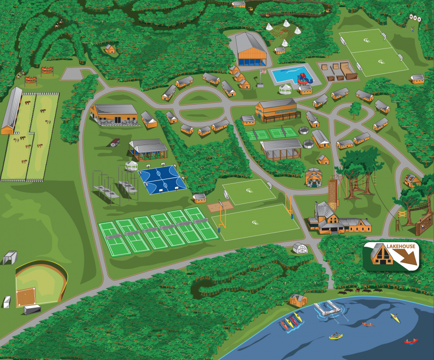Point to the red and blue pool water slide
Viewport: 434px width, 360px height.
pyautogui.click(x=302, y=76)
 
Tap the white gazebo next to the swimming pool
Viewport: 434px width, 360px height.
pyautogui.click(x=286, y=89)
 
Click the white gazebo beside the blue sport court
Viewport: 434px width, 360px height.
pyautogui.click(x=131, y=165)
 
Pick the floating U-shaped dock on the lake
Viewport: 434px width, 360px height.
pyautogui.click(x=327, y=309)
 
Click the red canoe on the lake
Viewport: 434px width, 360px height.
pyautogui.click(x=410, y=341)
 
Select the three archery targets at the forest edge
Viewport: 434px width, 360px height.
pyautogui.click(x=415, y=18)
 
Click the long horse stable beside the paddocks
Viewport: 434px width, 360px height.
pyautogui.click(x=11, y=111)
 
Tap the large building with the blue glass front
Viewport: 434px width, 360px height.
pyautogui.click(x=251, y=51)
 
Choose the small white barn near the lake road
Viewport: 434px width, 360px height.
pyautogui.click(x=299, y=248)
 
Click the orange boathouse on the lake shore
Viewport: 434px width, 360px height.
pyautogui.click(x=298, y=300)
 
